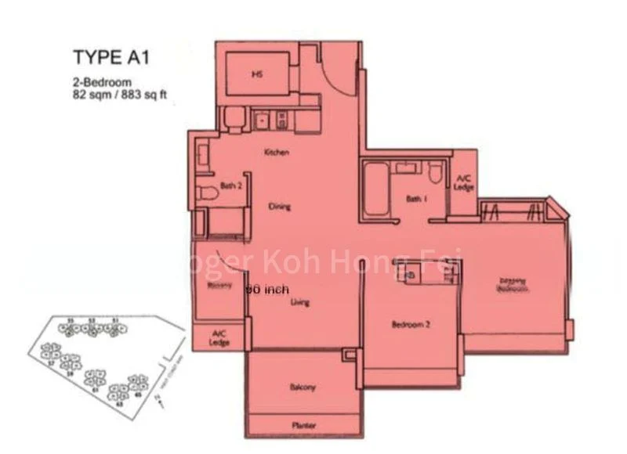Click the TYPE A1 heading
point(110,58)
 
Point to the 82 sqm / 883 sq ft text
point(118,95)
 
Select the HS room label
point(256,75)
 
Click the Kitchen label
point(276,153)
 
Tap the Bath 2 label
point(230,186)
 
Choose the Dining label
point(279,207)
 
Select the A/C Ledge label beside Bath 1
point(463,184)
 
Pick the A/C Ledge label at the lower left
point(219,338)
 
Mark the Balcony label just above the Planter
point(303,387)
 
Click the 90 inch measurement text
point(267,289)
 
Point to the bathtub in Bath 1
point(374,191)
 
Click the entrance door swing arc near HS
point(339,74)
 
